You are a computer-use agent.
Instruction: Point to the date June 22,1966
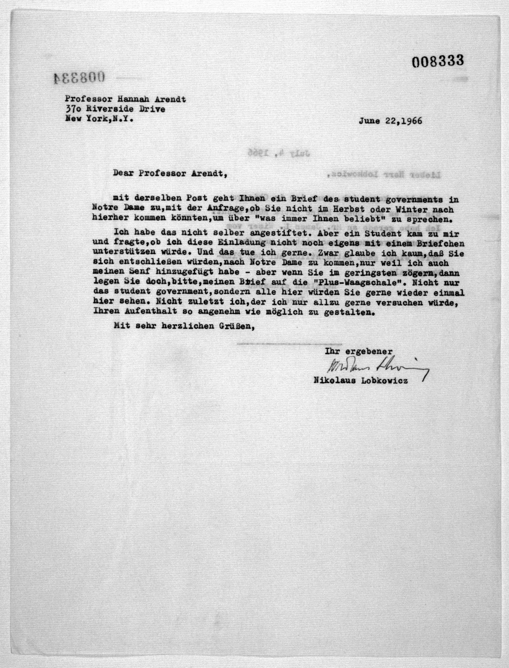pos(390,121)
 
